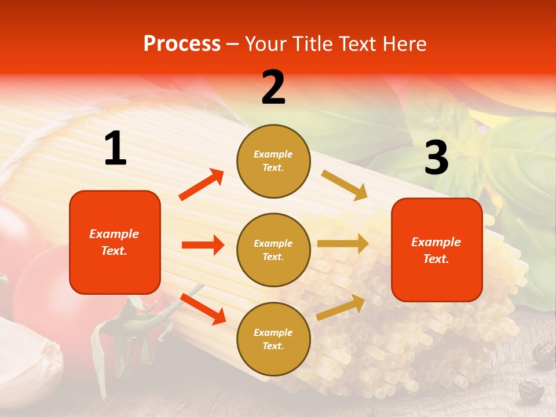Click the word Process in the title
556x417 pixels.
[182, 43]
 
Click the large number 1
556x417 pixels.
[115, 148]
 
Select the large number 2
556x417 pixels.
[273, 87]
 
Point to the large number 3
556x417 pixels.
[436, 158]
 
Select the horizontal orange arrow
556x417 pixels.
[203, 245]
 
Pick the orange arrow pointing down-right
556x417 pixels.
[203, 309]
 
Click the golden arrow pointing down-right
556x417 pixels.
[345, 185]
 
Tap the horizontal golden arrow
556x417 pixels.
[343, 243]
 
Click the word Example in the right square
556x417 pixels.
[436, 242]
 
